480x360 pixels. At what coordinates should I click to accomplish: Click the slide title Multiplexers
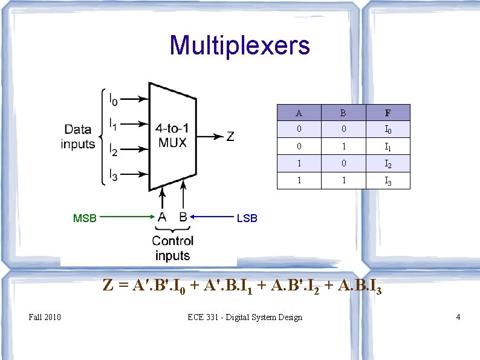click(239, 45)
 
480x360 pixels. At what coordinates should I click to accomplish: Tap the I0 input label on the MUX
click(114, 97)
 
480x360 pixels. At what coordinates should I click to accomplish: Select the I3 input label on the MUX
click(114, 175)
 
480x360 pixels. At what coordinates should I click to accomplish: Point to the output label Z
click(230, 137)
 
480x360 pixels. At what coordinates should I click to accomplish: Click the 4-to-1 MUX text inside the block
click(172, 136)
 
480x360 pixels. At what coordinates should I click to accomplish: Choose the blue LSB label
click(247, 218)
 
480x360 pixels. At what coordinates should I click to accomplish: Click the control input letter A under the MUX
click(162, 217)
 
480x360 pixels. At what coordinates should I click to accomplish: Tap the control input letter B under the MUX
click(183, 217)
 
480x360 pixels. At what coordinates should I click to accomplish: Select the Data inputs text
click(78, 136)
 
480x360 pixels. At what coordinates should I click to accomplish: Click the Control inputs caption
click(172, 248)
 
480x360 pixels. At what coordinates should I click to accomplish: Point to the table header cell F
click(388, 113)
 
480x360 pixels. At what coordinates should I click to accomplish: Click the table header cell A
click(299, 113)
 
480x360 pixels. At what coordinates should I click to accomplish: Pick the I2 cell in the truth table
click(388, 163)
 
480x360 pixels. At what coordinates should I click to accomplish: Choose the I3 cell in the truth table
click(388, 180)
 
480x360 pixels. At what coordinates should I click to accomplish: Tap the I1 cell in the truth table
click(388, 146)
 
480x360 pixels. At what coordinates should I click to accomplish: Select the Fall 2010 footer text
click(44, 317)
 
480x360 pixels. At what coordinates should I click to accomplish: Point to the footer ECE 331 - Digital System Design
click(245, 317)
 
